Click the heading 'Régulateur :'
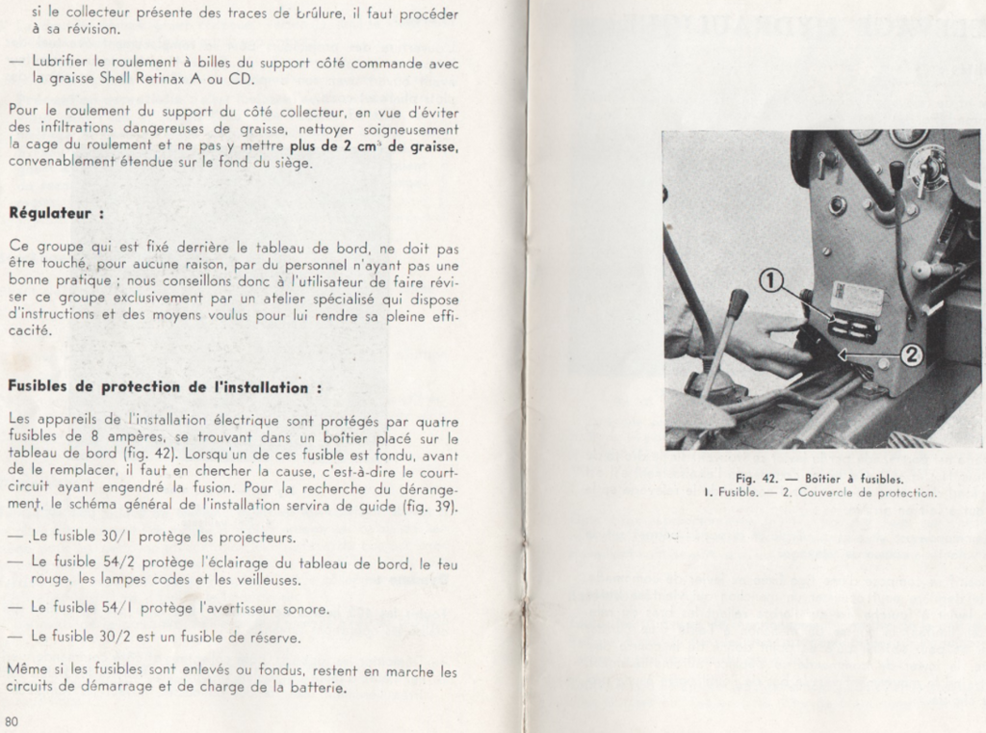click(56, 211)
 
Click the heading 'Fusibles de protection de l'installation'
click(164, 386)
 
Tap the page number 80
click(12, 720)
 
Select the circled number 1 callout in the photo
click(771, 280)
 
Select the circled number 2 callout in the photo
click(912, 354)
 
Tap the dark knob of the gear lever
click(736, 305)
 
